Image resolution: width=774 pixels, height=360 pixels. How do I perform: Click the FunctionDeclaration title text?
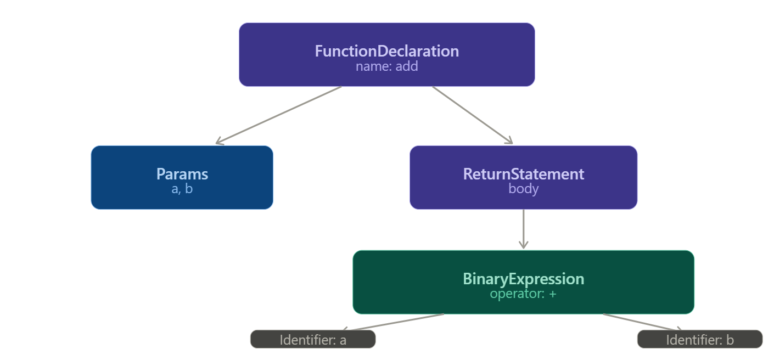point(386,51)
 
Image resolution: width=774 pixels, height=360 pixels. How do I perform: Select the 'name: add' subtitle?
point(386,66)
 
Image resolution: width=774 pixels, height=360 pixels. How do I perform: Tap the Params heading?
point(182,174)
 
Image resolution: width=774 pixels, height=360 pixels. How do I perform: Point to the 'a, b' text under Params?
point(182,189)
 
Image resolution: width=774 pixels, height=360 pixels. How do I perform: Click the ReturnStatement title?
point(523,174)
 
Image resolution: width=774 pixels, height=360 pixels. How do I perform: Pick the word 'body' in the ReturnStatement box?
point(523,189)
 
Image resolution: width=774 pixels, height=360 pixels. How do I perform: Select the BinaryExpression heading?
point(523,279)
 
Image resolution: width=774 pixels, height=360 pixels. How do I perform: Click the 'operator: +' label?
point(523,294)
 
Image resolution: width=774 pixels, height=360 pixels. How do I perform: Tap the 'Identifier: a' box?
point(313,340)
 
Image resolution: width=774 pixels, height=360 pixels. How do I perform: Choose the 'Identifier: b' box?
point(699,340)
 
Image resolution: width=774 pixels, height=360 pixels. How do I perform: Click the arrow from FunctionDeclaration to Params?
point(279,115)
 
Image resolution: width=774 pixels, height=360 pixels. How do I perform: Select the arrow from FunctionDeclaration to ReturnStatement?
point(472,115)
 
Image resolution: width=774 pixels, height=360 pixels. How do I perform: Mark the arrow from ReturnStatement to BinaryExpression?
point(523,228)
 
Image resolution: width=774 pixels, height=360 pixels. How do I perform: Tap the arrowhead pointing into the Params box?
point(219,142)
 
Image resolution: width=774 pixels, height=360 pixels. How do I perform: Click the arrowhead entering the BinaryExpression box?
point(523,245)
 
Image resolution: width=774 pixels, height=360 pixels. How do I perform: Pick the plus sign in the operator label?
point(552,294)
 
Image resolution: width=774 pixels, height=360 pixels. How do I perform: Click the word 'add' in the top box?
point(407,66)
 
